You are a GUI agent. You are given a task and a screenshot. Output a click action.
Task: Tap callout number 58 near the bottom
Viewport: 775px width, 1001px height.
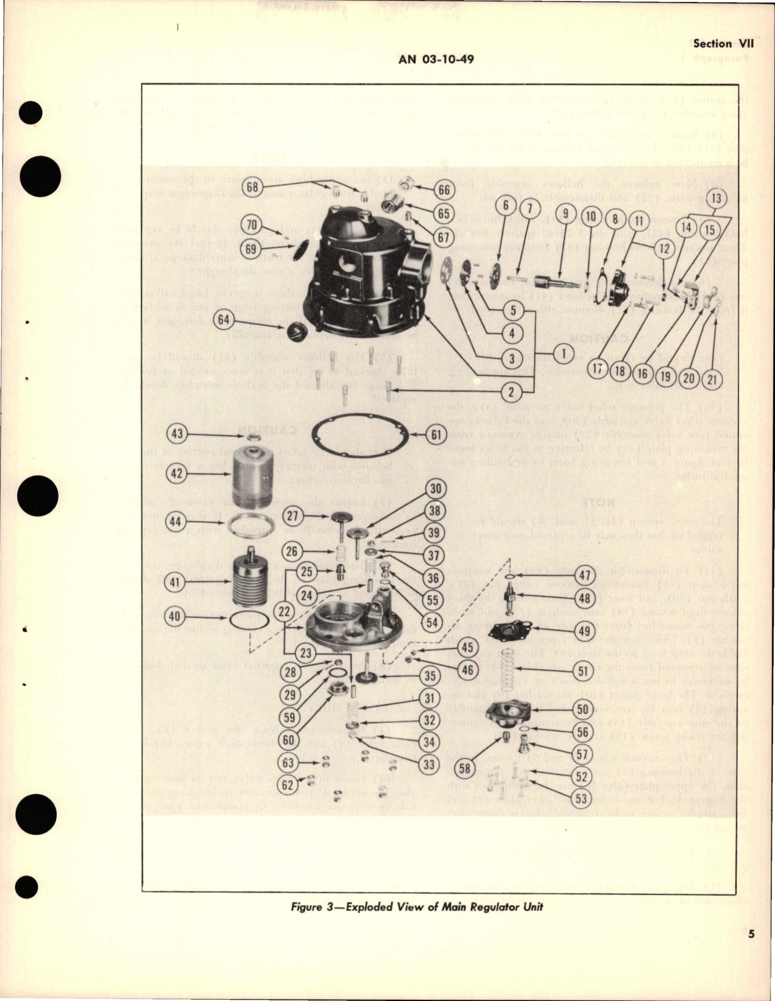point(464,768)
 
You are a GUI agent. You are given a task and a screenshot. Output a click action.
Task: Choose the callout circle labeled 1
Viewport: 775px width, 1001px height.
point(564,352)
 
